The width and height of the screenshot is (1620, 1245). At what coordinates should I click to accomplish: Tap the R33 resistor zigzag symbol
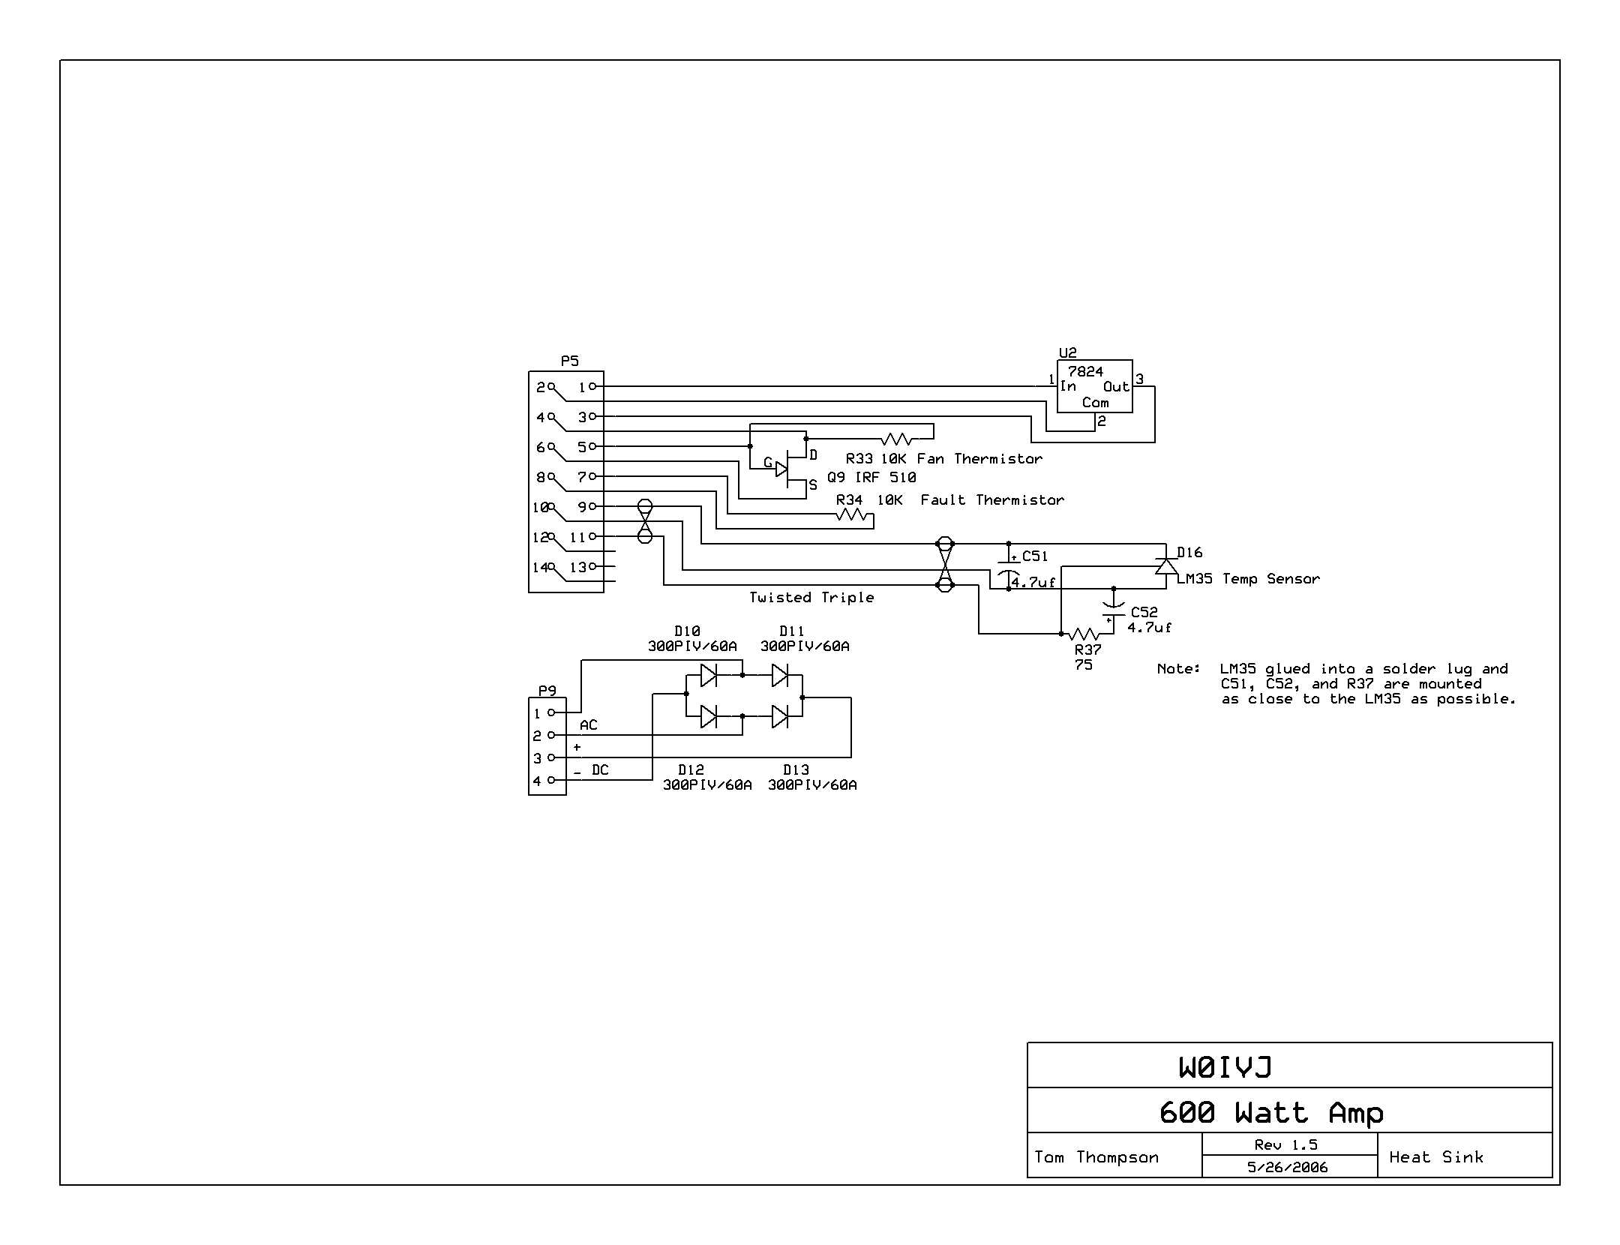click(897, 439)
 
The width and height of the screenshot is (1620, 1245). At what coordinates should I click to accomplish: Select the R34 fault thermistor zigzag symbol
click(852, 514)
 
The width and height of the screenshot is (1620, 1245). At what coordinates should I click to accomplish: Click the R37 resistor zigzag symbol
click(1084, 634)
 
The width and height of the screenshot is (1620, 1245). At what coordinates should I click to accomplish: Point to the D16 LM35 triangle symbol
click(1165, 566)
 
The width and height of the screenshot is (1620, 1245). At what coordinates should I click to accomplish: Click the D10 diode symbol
click(709, 675)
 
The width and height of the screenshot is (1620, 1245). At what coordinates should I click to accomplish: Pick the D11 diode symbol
click(780, 675)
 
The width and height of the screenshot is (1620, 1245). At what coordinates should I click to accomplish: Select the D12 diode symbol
click(709, 717)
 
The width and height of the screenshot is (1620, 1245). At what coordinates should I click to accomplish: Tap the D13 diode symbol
click(780, 717)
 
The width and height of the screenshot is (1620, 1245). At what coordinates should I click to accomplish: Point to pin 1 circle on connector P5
click(592, 386)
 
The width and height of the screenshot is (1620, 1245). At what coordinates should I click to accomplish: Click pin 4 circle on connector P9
click(551, 780)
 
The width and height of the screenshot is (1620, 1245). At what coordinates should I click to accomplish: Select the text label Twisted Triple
click(811, 598)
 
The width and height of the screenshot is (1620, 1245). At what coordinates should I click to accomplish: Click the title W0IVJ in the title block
click(1225, 1067)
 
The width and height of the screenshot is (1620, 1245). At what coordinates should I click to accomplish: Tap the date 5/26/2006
click(1288, 1167)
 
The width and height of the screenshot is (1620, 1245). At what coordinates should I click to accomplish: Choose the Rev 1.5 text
click(1286, 1145)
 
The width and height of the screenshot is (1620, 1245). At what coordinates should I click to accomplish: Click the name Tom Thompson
click(1096, 1157)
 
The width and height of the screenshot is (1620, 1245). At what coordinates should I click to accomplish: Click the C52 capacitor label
click(1144, 613)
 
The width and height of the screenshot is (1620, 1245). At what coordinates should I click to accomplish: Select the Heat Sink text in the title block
click(1436, 1157)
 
